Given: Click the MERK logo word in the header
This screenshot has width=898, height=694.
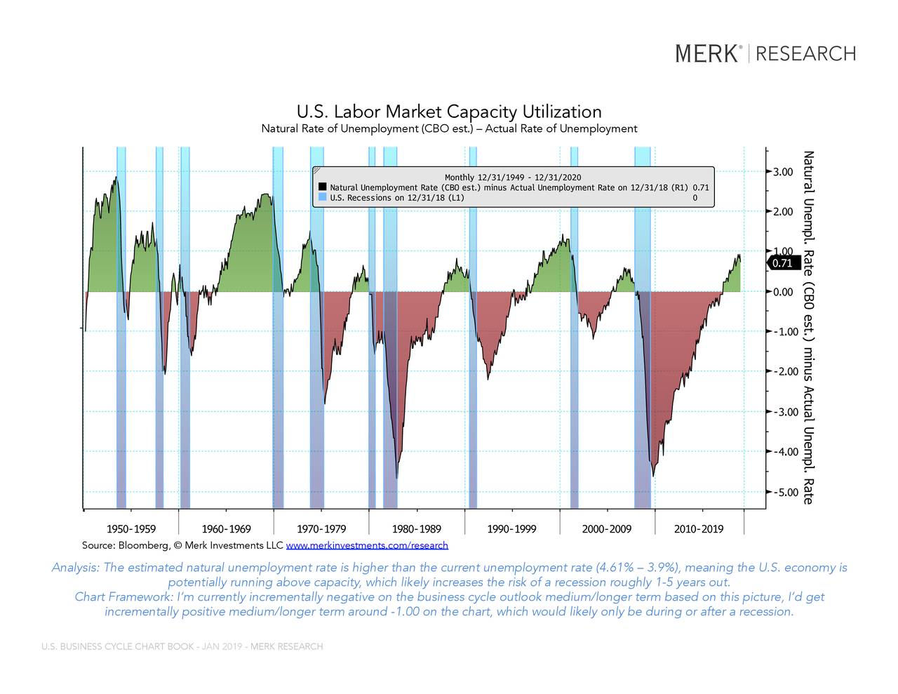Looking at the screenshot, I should click(707, 54).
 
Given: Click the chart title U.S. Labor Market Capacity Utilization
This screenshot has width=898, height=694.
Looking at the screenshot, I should click(449, 112).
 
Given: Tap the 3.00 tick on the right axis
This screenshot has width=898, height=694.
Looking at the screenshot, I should click(783, 172).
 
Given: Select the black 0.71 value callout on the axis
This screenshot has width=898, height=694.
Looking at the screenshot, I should click(782, 263).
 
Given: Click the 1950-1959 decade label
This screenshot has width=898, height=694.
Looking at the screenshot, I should click(131, 529).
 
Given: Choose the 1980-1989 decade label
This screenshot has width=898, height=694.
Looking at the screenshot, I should click(417, 529).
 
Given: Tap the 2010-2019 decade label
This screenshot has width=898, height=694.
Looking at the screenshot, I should click(698, 529).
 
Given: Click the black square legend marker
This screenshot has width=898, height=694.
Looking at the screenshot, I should click(322, 187).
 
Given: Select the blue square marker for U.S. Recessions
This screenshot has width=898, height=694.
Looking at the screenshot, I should click(322, 198).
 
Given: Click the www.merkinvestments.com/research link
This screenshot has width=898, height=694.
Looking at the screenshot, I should click(367, 545).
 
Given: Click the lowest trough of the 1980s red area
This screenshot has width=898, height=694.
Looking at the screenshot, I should click(397, 477).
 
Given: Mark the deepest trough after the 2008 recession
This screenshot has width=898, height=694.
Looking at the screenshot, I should click(653, 475).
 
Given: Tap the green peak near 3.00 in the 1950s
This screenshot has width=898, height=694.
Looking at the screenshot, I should click(116, 178).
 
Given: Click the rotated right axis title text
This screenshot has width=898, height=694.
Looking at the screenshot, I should click(808, 327).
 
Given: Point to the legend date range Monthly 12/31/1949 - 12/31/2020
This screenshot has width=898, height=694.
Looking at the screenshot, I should click(512, 178).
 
